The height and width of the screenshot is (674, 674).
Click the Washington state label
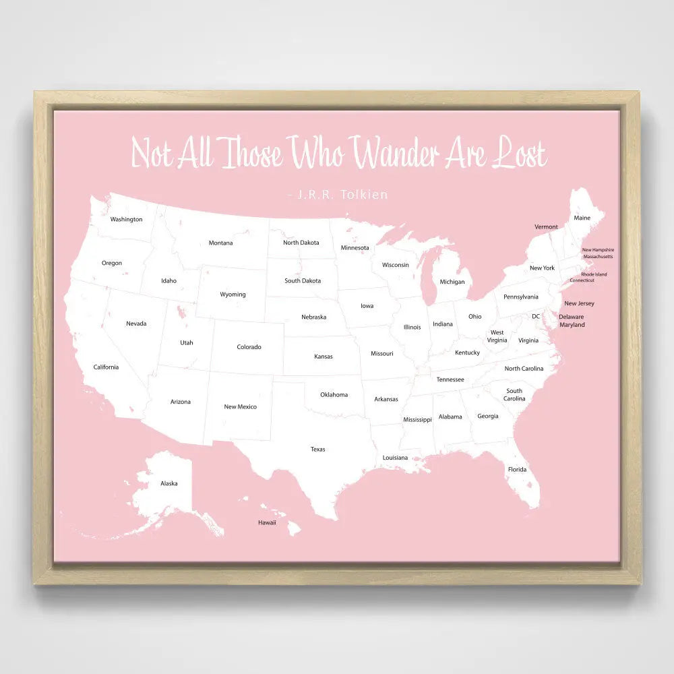(x=126, y=219)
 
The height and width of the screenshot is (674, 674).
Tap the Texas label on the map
(x=317, y=449)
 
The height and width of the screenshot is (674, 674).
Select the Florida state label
(x=517, y=469)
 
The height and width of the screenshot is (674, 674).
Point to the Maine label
(x=582, y=218)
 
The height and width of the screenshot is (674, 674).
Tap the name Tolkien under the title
(x=365, y=195)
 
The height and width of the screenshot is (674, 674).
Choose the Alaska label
(x=168, y=483)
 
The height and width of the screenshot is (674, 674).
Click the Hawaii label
(x=267, y=522)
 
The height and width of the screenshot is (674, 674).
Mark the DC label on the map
(x=536, y=316)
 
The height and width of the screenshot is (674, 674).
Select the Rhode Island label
(x=594, y=274)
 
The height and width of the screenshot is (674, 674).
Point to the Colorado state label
(x=249, y=347)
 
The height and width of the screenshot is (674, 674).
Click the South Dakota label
(x=303, y=281)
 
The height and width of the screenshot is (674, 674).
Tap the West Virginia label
(x=497, y=336)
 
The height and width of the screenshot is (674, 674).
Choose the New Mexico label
(x=240, y=406)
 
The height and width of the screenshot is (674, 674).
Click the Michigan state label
(x=452, y=282)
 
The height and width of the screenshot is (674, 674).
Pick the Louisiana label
(x=395, y=458)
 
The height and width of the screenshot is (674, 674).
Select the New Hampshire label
(x=598, y=250)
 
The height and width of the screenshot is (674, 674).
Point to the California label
(x=106, y=367)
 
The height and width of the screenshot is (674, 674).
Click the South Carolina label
(x=514, y=394)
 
